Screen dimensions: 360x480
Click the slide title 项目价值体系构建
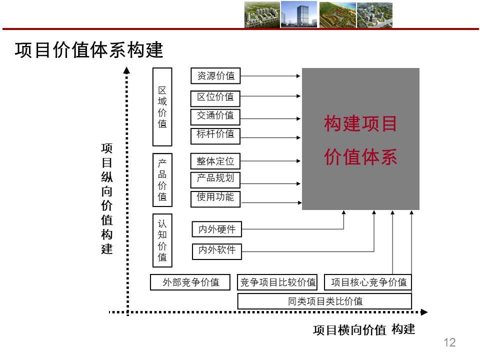click(x=89, y=50)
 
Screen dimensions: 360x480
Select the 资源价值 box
click(x=215, y=76)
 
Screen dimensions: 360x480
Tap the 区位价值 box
click(x=215, y=97)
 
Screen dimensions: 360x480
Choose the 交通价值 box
click(x=215, y=116)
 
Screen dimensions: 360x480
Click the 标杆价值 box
click(x=215, y=134)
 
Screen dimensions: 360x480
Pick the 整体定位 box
click(x=215, y=161)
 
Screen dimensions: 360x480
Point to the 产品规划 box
click(x=215, y=179)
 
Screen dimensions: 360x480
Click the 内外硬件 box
click(x=217, y=229)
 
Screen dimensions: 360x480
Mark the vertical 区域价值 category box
click(x=162, y=107)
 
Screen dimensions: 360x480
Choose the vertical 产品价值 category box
click(x=162, y=180)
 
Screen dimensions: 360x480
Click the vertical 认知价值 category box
click(x=162, y=240)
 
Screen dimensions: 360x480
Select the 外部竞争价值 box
click(x=191, y=282)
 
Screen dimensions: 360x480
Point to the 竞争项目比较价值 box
click(x=278, y=282)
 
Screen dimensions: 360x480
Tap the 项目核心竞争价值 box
click(x=368, y=282)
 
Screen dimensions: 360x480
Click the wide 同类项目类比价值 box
click(x=324, y=301)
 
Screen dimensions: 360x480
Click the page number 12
click(x=449, y=342)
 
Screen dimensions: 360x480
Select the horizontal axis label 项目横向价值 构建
click(x=364, y=330)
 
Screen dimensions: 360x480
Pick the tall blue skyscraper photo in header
click(x=298, y=14)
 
